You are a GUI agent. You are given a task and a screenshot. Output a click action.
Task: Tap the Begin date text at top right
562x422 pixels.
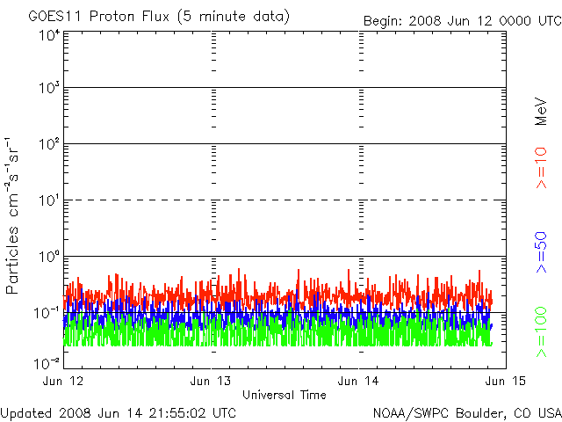click(462, 20)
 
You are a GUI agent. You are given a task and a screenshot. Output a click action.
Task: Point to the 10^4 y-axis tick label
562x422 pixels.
click(49, 34)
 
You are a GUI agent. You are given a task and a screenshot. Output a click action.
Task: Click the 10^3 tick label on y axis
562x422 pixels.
click(49, 89)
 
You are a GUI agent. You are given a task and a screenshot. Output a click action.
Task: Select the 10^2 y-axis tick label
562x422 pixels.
click(49, 144)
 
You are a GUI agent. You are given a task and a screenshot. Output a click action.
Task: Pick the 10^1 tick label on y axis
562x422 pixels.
click(49, 200)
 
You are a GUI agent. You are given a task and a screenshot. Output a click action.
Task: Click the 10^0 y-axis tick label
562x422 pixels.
click(49, 257)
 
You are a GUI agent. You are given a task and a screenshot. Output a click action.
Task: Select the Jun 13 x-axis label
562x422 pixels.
click(211, 381)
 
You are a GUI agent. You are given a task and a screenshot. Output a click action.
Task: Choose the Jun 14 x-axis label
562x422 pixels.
click(359, 381)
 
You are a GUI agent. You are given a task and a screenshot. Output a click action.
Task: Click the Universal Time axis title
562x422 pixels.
click(285, 395)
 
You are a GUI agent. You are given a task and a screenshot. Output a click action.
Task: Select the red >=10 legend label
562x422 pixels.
click(542, 168)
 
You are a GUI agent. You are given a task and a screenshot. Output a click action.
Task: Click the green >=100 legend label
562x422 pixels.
click(542, 333)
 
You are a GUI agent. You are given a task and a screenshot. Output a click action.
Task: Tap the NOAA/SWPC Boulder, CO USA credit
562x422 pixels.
click(466, 411)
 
